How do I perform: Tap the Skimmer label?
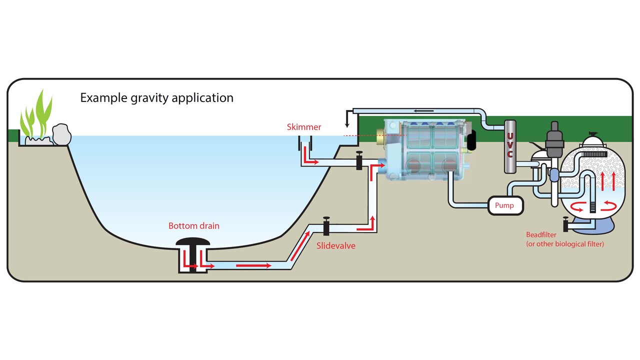click(304, 127)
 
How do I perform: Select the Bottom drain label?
click(193, 226)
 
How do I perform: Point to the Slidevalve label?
click(336, 246)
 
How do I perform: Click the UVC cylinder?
click(509, 146)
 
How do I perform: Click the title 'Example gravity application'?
click(157, 97)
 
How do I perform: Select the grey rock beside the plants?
click(61, 134)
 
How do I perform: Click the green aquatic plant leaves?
click(36, 116)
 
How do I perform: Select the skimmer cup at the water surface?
click(304, 146)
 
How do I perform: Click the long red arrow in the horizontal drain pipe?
click(253, 265)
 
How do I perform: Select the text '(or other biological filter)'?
click(565, 244)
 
